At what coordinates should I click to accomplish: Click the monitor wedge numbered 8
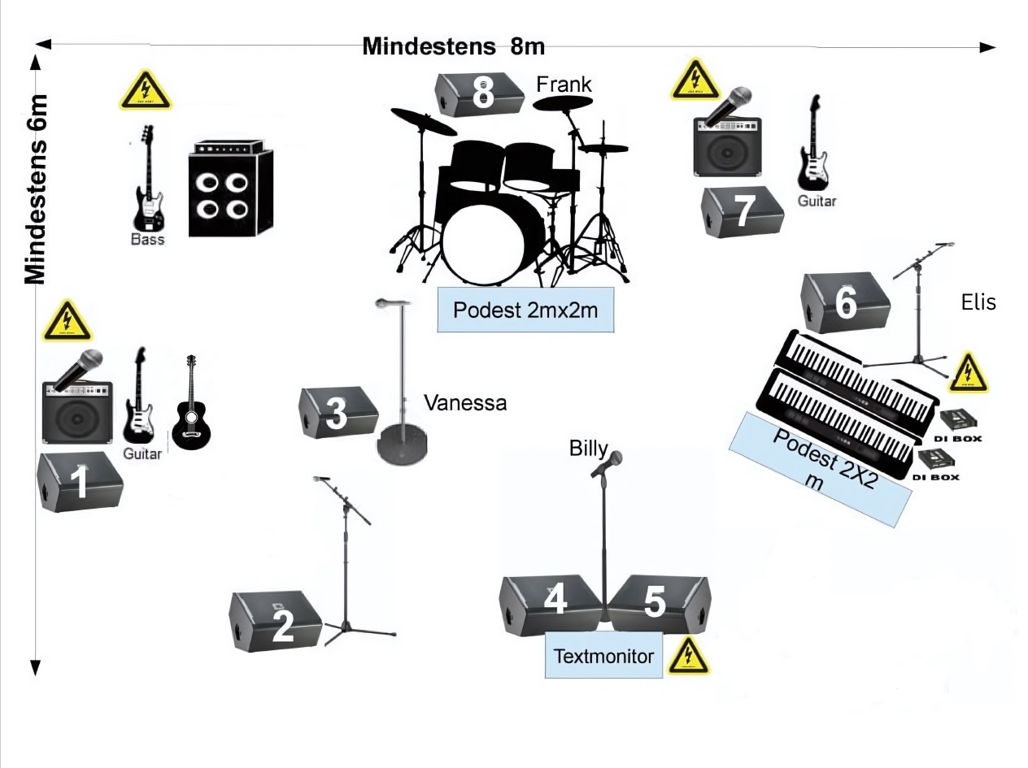point(479,94)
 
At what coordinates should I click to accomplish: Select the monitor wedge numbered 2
point(277,621)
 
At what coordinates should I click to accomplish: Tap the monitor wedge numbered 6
point(845,302)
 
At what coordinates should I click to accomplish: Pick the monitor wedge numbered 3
point(338,413)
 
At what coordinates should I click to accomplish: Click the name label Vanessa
point(465,402)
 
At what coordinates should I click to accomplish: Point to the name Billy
point(588,448)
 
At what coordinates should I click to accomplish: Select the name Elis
point(978,302)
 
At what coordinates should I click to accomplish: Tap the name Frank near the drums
point(564,84)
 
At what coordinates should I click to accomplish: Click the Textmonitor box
point(603,655)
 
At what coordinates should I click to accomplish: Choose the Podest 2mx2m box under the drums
point(525,310)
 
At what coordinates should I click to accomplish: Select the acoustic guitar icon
point(191,404)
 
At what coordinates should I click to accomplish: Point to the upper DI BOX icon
point(960,421)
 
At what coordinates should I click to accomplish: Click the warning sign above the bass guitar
point(145,90)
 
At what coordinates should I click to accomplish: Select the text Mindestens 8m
point(453,46)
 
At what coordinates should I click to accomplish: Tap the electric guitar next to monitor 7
point(814,146)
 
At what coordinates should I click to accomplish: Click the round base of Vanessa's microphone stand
point(403,447)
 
